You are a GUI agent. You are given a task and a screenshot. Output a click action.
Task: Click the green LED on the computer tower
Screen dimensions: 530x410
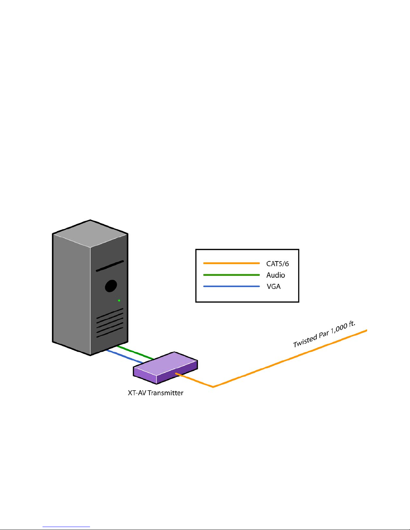coord(119,301)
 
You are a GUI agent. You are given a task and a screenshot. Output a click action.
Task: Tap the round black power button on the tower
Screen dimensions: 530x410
coord(111,286)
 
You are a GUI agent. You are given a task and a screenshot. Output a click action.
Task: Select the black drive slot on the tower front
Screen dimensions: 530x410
coord(110,266)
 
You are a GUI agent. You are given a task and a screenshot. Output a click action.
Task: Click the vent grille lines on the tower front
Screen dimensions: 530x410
coord(110,323)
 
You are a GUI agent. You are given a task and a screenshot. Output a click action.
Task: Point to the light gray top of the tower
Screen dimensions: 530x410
coord(90,234)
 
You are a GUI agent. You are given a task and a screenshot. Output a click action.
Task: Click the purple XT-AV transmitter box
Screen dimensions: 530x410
coord(165,367)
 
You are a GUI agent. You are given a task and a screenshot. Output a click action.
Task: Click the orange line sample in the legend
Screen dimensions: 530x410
coord(231,263)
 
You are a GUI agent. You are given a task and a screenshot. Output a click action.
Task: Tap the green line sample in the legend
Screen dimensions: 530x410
coord(231,275)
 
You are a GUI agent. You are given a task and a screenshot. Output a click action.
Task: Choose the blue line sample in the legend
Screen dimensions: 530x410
coord(231,286)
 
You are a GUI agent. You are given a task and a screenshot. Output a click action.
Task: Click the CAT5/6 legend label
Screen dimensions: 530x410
coord(277,264)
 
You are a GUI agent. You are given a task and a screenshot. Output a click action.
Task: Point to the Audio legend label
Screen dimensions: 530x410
coord(275,275)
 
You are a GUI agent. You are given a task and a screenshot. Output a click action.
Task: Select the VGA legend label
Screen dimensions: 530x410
coord(273,287)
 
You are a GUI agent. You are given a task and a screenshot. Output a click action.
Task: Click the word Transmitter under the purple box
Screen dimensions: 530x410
coord(165,393)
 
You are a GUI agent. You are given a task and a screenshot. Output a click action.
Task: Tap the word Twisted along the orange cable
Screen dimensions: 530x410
coord(305,341)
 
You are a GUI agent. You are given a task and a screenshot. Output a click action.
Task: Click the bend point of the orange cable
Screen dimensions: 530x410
coord(213,387)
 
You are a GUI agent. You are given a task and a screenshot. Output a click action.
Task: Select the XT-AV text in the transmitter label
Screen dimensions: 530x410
coord(137,393)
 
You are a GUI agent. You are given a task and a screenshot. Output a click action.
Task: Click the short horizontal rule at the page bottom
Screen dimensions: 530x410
coord(66,527)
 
